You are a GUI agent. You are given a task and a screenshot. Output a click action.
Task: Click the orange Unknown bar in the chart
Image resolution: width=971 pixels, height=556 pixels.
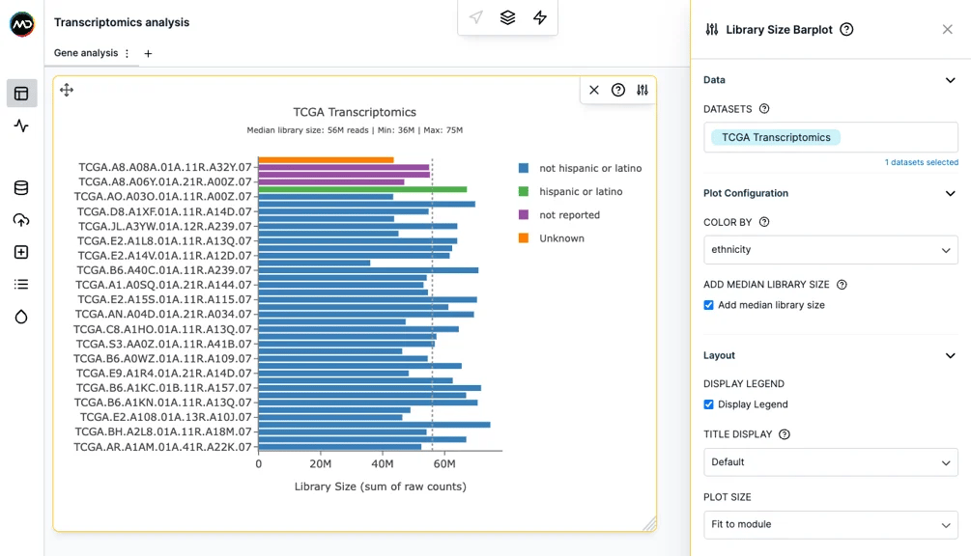pos(326,160)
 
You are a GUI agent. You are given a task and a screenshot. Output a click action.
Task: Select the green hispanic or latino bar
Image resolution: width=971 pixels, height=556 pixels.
pos(362,189)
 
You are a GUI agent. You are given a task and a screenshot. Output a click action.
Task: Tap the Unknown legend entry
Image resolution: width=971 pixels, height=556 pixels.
pos(551,238)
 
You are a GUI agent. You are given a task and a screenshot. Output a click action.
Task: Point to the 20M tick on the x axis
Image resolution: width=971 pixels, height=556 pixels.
pos(320,464)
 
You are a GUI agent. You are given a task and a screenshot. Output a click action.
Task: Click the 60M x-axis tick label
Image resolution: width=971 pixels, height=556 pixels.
pos(444,464)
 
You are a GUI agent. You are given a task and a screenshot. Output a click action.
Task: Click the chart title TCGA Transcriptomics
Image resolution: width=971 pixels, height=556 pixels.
pos(355,112)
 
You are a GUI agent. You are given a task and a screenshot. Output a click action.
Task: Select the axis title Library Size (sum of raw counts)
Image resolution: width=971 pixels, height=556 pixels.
pos(381,486)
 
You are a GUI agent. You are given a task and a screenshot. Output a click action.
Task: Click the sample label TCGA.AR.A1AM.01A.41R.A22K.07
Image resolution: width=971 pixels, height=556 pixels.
pos(163,447)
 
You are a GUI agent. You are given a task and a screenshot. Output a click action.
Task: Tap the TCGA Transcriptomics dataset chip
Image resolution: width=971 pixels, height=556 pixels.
pos(775,137)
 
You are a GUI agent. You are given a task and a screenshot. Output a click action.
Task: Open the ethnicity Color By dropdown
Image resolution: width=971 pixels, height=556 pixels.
pos(831,250)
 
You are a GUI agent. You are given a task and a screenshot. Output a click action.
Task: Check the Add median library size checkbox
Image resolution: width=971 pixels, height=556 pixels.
pos(708,305)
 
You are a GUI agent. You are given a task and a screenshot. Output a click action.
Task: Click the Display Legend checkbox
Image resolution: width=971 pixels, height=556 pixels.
pos(708,404)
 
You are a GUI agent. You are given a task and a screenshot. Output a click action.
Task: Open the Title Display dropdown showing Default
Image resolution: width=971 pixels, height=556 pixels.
pos(831,462)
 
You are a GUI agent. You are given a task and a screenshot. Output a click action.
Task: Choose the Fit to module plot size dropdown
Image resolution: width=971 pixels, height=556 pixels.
pos(831,524)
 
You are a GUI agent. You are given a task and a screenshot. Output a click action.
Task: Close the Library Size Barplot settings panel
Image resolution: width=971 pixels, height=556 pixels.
pos(948,30)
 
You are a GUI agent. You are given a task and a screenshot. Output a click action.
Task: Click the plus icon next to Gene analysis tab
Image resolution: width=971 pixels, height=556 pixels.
pos(148,54)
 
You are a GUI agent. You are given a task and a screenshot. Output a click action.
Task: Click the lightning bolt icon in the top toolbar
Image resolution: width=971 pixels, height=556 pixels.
pos(540,17)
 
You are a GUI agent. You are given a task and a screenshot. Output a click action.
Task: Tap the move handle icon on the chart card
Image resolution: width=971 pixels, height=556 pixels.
pos(67,91)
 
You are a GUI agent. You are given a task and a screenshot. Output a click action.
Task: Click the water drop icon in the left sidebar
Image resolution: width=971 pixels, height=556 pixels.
pos(21,318)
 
